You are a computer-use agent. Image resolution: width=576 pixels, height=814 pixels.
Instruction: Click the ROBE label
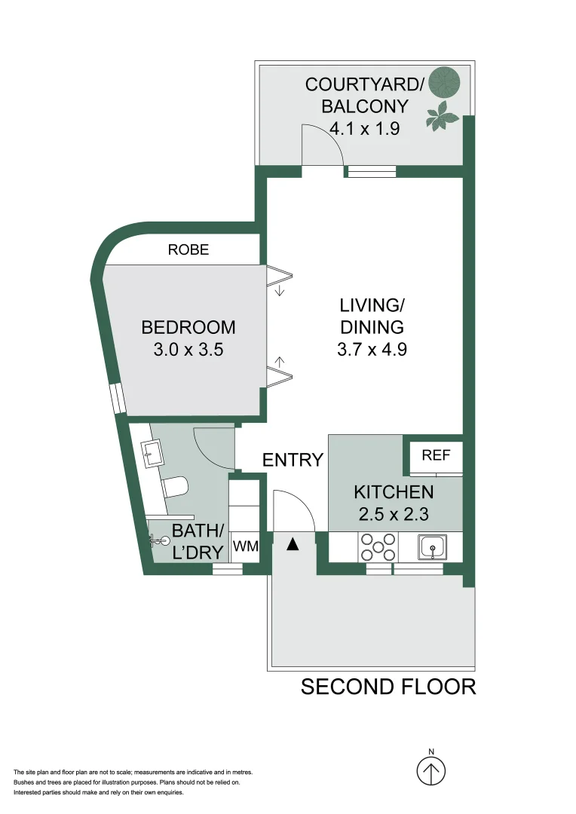188,249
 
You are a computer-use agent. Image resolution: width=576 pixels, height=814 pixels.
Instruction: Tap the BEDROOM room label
188,328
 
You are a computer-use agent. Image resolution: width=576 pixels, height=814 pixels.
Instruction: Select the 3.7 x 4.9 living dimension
372,350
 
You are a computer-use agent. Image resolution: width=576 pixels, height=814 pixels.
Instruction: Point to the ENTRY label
293,460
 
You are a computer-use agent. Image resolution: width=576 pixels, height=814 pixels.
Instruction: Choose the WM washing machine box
245,546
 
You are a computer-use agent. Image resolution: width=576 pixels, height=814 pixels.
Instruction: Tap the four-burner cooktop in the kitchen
378,546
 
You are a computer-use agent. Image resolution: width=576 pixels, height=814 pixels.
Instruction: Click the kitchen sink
432,547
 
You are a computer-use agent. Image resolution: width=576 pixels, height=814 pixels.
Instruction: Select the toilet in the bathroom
174,487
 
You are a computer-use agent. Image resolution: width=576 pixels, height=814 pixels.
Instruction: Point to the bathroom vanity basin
151,453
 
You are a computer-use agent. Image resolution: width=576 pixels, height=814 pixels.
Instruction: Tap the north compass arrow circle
431,770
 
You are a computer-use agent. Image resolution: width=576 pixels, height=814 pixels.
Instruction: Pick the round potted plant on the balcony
446,81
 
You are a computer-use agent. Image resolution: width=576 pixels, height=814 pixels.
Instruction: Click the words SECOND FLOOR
388,687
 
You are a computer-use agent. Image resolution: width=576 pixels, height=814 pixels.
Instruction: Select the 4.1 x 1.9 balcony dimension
365,128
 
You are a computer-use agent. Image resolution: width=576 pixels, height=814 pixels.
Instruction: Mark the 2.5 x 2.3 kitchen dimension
394,514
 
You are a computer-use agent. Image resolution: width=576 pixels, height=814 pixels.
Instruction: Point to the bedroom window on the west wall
118,399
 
